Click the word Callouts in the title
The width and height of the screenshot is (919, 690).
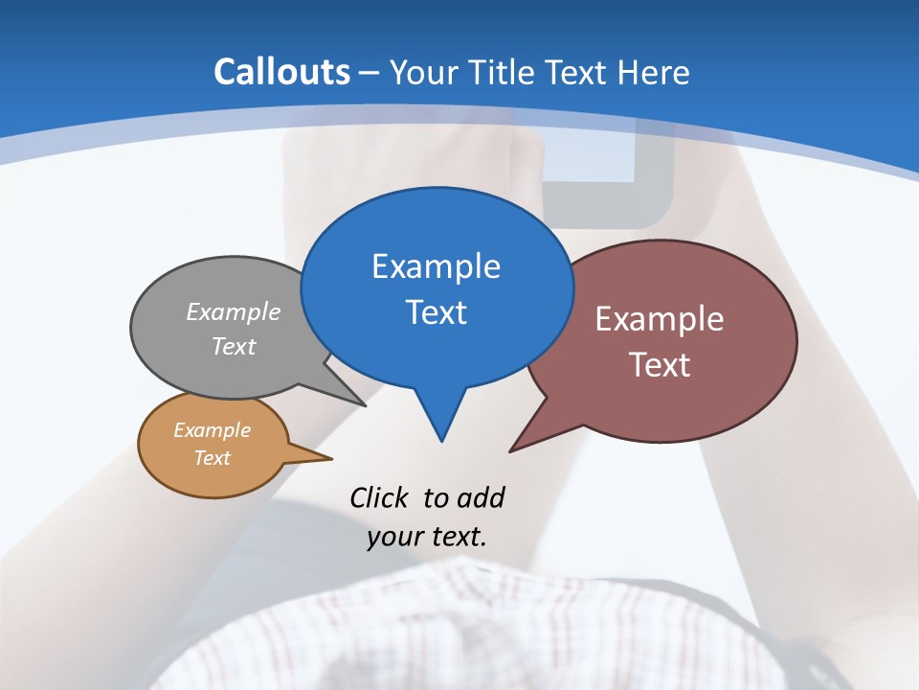[281, 72]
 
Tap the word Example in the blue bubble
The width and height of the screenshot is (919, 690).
[436, 266]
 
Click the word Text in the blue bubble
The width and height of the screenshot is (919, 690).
[436, 312]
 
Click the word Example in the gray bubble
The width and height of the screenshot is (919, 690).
[234, 311]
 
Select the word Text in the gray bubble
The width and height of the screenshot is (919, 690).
[234, 346]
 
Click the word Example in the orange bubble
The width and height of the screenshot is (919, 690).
[212, 430]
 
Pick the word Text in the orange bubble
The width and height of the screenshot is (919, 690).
[212, 458]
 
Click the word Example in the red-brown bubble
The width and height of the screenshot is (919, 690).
[660, 319]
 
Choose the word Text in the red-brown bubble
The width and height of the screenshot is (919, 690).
[660, 365]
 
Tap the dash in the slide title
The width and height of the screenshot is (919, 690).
[370, 73]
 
